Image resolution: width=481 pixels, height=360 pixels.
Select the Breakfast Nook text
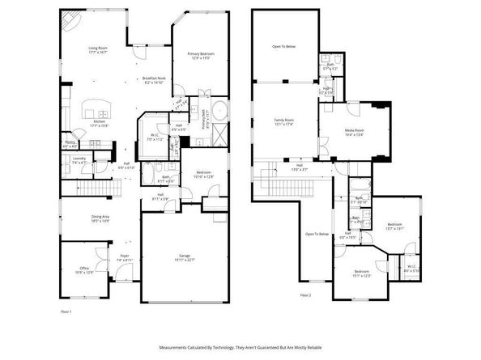[x=153, y=78]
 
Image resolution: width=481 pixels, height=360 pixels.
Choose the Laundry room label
[x=79, y=159]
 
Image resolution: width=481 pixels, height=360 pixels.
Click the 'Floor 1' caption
[x=66, y=311]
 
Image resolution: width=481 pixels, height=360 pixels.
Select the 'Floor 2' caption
[x=304, y=295]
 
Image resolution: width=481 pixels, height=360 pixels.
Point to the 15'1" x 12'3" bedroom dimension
[x=361, y=276]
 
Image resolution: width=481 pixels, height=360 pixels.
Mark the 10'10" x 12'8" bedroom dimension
[x=202, y=176]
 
